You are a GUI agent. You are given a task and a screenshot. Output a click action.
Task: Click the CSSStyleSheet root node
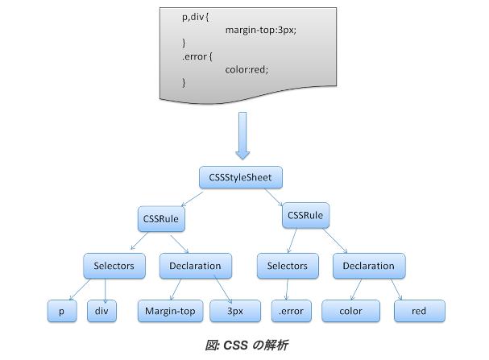click(x=241, y=177)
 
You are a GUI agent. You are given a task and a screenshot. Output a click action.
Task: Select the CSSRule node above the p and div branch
click(x=161, y=219)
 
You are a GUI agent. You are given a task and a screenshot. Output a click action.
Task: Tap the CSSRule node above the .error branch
click(x=305, y=215)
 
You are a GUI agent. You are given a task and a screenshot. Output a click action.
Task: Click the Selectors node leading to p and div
click(x=114, y=266)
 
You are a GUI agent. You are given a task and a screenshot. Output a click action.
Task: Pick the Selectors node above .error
click(x=288, y=266)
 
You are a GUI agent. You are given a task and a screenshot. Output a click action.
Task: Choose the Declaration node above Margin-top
click(x=196, y=266)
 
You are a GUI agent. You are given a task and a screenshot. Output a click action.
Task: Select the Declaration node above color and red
click(x=369, y=266)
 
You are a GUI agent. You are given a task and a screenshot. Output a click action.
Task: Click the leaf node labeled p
click(x=62, y=311)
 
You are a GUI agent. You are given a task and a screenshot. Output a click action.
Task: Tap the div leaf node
click(x=102, y=311)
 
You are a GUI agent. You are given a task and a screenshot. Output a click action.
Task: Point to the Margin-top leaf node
click(x=170, y=311)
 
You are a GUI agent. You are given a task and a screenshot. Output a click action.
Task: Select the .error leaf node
click(x=292, y=311)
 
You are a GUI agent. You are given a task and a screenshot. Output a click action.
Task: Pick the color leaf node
click(x=351, y=311)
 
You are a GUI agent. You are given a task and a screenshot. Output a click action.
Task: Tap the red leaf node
click(x=420, y=311)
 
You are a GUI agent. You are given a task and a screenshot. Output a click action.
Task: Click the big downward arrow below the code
click(x=242, y=136)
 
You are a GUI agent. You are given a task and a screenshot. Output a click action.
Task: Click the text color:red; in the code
click(x=247, y=69)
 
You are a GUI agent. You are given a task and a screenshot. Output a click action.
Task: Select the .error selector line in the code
click(x=197, y=56)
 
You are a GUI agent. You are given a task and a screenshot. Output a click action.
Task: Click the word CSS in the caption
click(x=236, y=346)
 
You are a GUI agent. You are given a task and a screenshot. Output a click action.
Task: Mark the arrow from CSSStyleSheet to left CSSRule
click(x=192, y=199)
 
